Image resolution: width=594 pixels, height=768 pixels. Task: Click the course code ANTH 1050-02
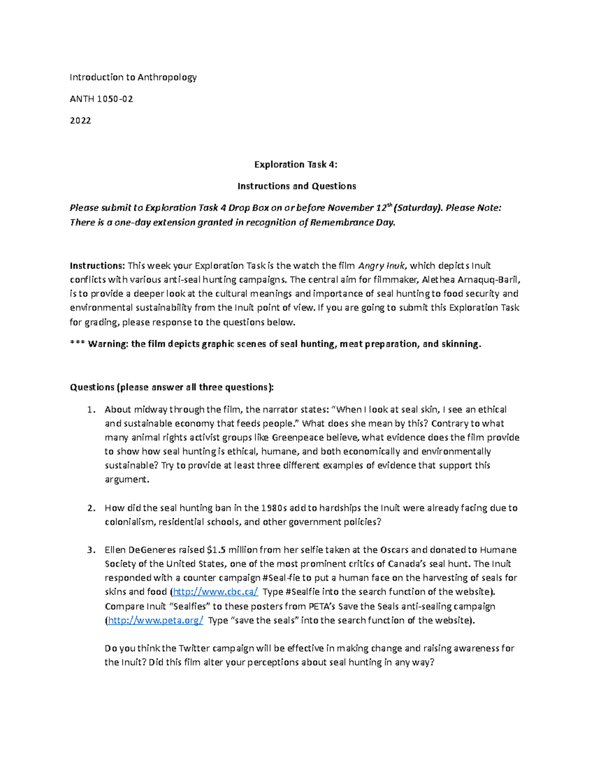click(x=101, y=99)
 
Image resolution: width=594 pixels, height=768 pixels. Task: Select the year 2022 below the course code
click(x=80, y=121)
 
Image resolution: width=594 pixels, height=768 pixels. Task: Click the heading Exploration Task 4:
click(x=296, y=164)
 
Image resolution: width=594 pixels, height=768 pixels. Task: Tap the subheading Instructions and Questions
click(x=297, y=186)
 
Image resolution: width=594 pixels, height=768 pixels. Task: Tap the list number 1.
click(x=90, y=409)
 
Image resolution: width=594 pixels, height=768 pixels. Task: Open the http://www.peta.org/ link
click(x=155, y=621)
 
